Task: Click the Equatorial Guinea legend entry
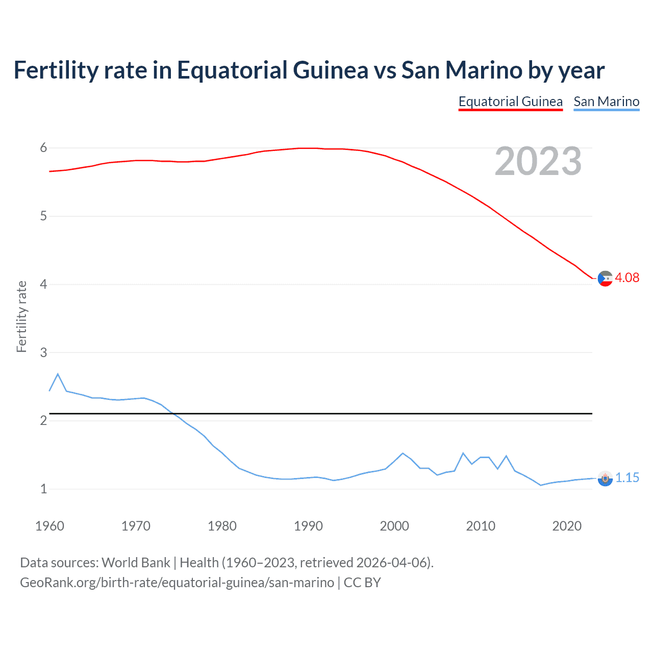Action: [510, 102]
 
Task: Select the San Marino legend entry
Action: [606, 102]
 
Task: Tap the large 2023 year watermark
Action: [538, 161]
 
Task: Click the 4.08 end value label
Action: [627, 278]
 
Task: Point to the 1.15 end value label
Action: [627, 478]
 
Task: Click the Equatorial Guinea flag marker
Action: [605, 279]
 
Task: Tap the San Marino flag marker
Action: [605, 479]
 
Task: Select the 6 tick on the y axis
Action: [43, 148]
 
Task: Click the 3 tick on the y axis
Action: [43, 353]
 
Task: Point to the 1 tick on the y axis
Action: [43, 489]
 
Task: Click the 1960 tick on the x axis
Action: [49, 526]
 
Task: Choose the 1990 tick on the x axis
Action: [308, 526]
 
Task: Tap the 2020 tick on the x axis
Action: [567, 526]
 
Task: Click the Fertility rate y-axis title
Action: [21, 316]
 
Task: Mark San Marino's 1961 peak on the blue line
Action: [58, 374]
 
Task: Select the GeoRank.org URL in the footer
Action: [177, 583]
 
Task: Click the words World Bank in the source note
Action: [136, 563]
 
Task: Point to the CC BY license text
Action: [362, 583]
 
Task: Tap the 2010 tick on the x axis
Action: [481, 526]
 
